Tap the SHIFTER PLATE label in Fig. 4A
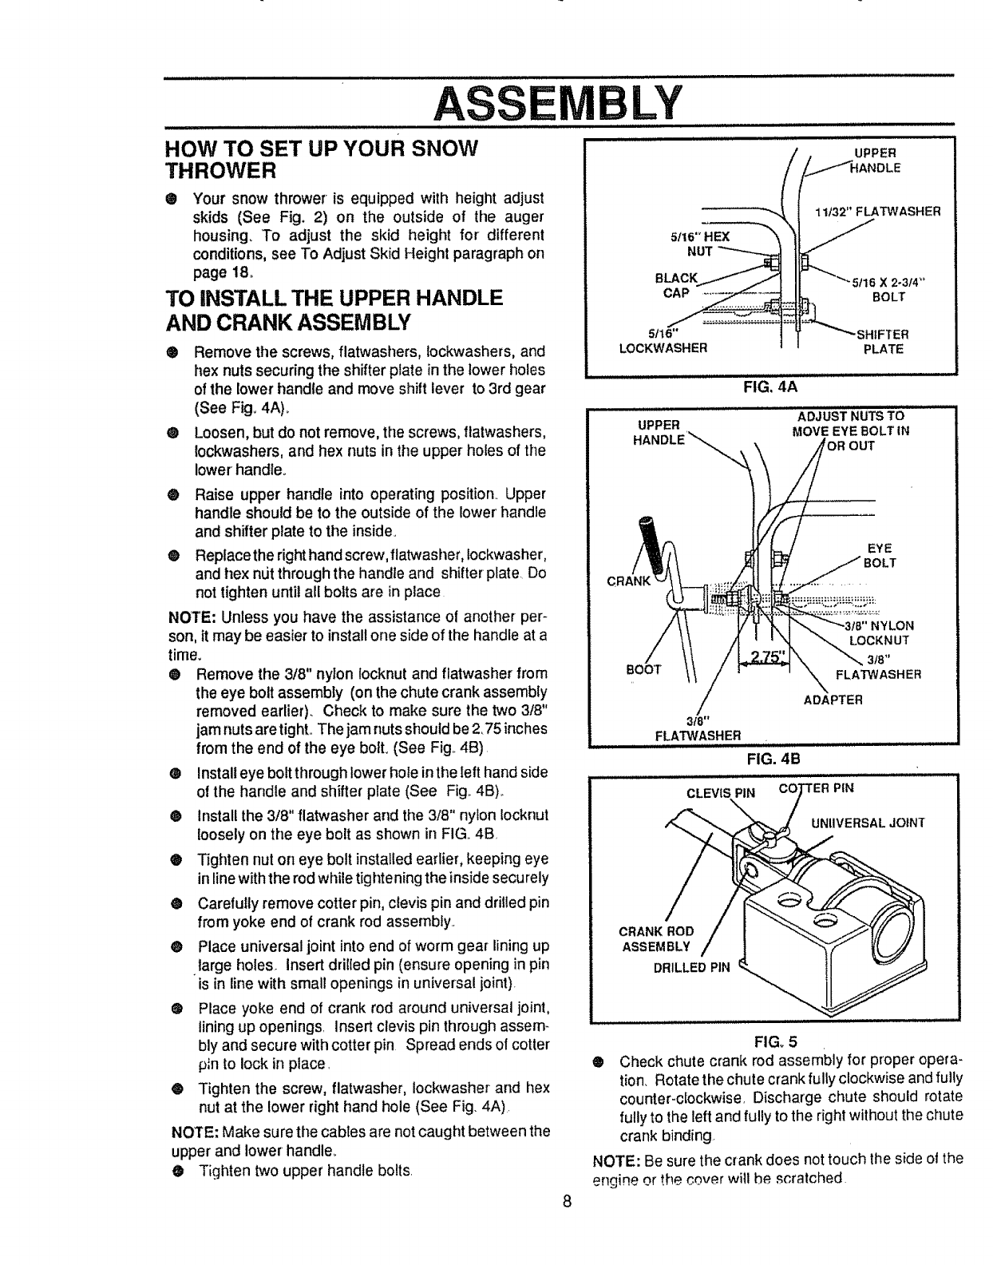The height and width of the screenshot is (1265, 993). tap(882, 342)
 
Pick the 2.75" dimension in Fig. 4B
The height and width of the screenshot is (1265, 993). tap(762, 656)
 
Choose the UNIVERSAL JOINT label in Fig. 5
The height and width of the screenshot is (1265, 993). tap(867, 823)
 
